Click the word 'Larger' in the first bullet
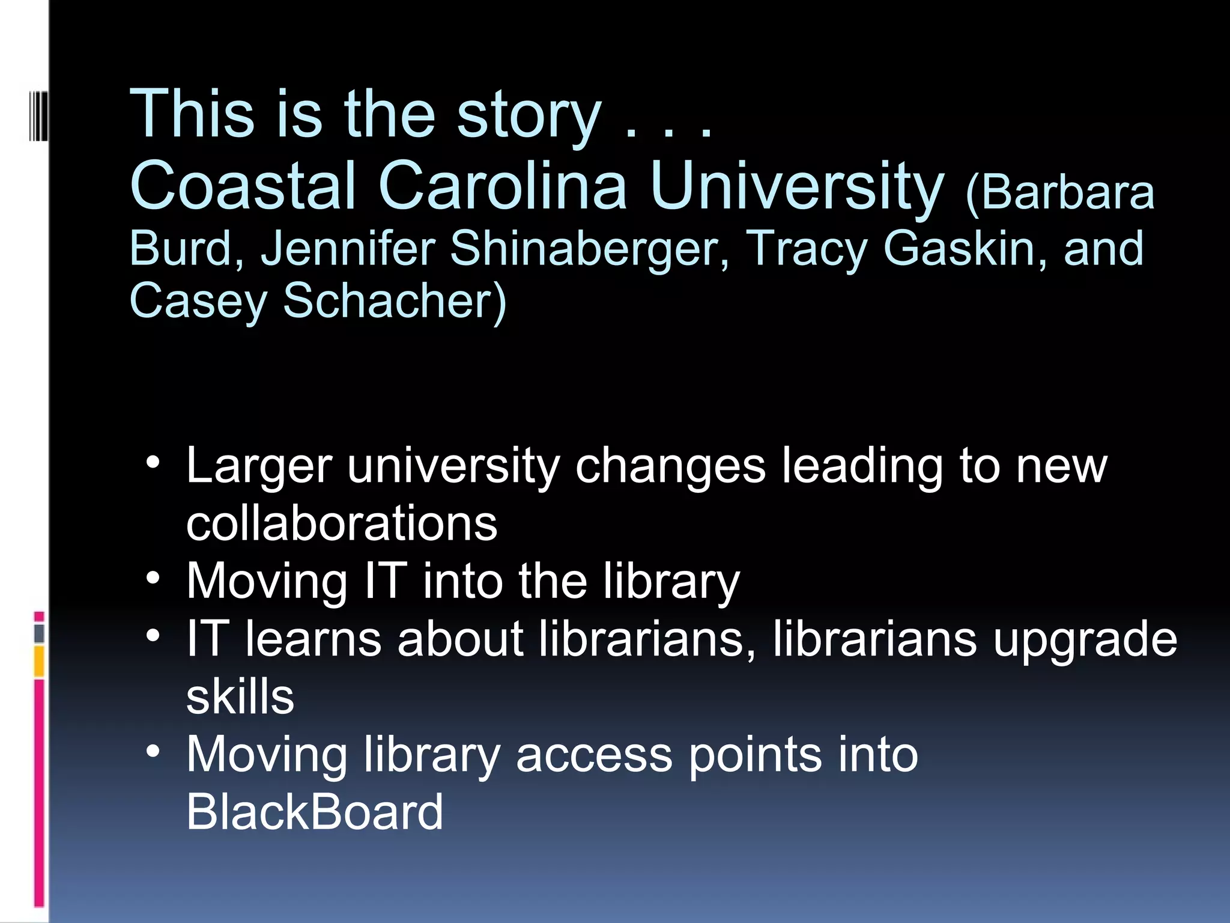259,466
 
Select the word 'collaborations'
342,523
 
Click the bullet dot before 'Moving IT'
153,578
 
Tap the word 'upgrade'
1085,639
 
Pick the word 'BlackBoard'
315,812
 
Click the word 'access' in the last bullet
593,754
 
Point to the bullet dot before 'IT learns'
153,636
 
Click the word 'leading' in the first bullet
862,466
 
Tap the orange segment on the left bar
39,661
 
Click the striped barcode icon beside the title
38,115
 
